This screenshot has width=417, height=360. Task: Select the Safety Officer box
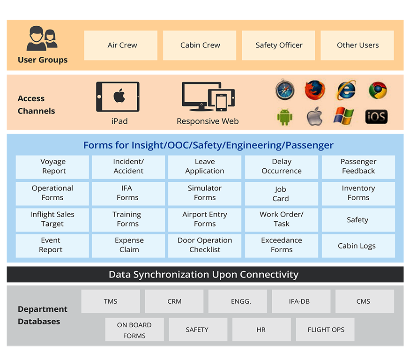[278, 45]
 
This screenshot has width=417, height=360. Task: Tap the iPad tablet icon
[118, 97]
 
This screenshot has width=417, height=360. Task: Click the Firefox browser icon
[315, 90]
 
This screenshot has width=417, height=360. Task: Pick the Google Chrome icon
[377, 90]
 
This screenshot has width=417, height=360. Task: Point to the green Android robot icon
[284, 116]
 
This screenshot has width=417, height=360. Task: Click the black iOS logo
[376, 116]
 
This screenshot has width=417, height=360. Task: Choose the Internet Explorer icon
[346, 90]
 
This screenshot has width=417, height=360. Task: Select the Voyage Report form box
[52, 167]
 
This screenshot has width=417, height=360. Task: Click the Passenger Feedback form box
[358, 167]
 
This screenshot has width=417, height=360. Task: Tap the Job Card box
[281, 194]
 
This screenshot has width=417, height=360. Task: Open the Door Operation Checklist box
[205, 246]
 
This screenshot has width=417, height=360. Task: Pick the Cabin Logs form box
[358, 246]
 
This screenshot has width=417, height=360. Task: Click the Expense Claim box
[128, 246]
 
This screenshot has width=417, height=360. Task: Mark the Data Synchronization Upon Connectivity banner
[205, 274]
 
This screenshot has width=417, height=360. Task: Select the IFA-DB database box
[301, 301]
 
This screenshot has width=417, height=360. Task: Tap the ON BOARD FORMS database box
[134, 330]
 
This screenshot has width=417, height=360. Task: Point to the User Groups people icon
[42, 39]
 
